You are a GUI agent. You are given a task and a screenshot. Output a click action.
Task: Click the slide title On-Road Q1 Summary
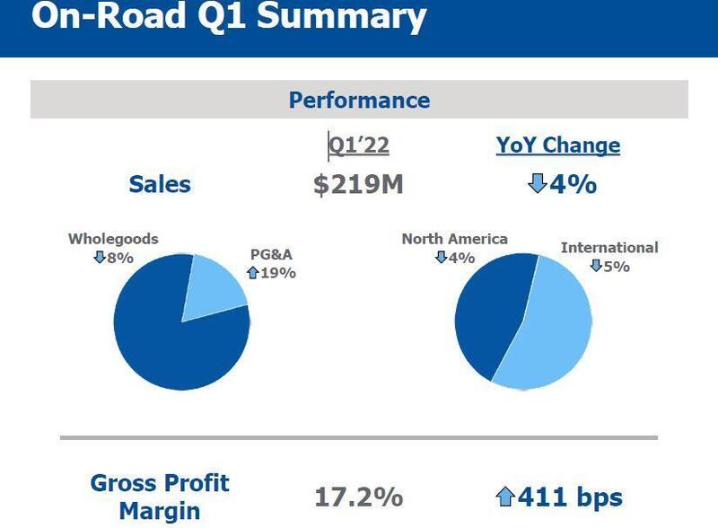(228, 18)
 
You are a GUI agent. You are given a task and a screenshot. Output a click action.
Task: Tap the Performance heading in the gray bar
(359, 100)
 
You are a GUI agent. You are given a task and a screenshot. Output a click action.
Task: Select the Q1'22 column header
(359, 145)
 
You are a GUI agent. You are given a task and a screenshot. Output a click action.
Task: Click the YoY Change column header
(558, 145)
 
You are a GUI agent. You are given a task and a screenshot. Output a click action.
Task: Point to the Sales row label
(160, 184)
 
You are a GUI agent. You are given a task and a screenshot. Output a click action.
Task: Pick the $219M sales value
(358, 185)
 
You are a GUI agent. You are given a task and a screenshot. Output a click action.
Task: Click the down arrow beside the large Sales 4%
(537, 184)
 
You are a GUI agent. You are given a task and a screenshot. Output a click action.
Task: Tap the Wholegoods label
(113, 239)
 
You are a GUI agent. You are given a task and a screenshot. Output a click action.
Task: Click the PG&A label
(271, 254)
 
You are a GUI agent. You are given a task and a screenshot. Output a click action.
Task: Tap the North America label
(454, 239)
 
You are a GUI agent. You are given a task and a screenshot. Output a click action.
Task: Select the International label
(609, 247)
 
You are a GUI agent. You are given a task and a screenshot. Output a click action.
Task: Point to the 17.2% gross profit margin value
(358, 497)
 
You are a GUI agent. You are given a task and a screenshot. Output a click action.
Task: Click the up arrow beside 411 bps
(505, 497)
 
